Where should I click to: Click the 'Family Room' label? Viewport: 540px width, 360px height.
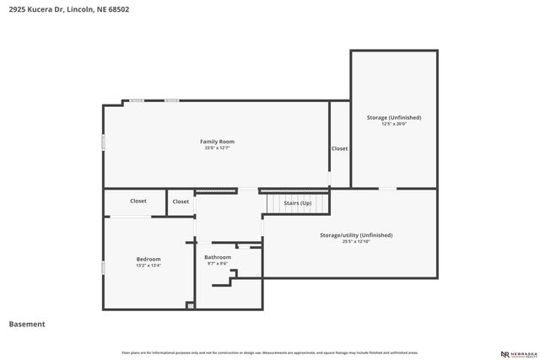pyautogui.click(x=217, y=141)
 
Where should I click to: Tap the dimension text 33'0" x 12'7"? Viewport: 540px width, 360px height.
pyautogui.click(x=217, y=148)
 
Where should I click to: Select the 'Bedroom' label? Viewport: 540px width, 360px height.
pyautogui.click(x=148, y=259)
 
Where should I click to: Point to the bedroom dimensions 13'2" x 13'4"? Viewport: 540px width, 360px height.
pyautogui.click(x=148, y=266)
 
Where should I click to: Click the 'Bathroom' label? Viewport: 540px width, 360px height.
pyautogui.click(x=218, y=256)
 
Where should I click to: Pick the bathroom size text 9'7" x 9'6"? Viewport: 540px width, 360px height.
pyautogui.click(x=218, y=263)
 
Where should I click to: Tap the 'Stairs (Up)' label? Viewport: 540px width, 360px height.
pyautogui.click(x=297, y=203)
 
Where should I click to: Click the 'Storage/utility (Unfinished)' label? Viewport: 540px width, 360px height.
pyautogui.click(x=356, y=235)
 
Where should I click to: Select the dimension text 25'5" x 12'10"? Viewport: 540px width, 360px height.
pyautogui.click(x=356, y=242)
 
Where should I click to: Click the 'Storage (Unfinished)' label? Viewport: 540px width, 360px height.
pyautogui.click(x=394, y=117)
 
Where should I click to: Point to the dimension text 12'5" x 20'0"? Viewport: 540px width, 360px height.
pyautogui.click(x=394, y=124)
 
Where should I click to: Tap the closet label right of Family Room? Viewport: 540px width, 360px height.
pyautogui.click(x=339, y=148)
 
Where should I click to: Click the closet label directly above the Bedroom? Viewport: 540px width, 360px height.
pyautogui.click(x=138, y=201)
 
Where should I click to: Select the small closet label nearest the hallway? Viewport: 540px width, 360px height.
pyautogui.click(x=181, y=201)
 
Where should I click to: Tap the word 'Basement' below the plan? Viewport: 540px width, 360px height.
pyautogui.click(x=27, y=324)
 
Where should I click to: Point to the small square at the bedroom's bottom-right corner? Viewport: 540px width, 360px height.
pyautogui.click(x=191, y=305)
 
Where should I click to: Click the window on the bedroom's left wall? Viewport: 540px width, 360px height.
pyautogui.click(x=103, y=267)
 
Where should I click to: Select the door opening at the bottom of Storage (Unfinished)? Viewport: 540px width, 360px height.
pyautogui.click(x=387, y=188)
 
